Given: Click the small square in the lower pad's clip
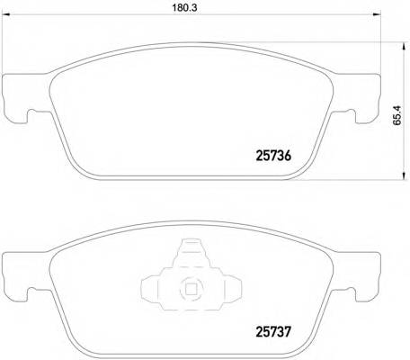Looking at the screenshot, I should click(x=191, y=290).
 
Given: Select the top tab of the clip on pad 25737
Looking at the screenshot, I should click(x=191, y=249).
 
